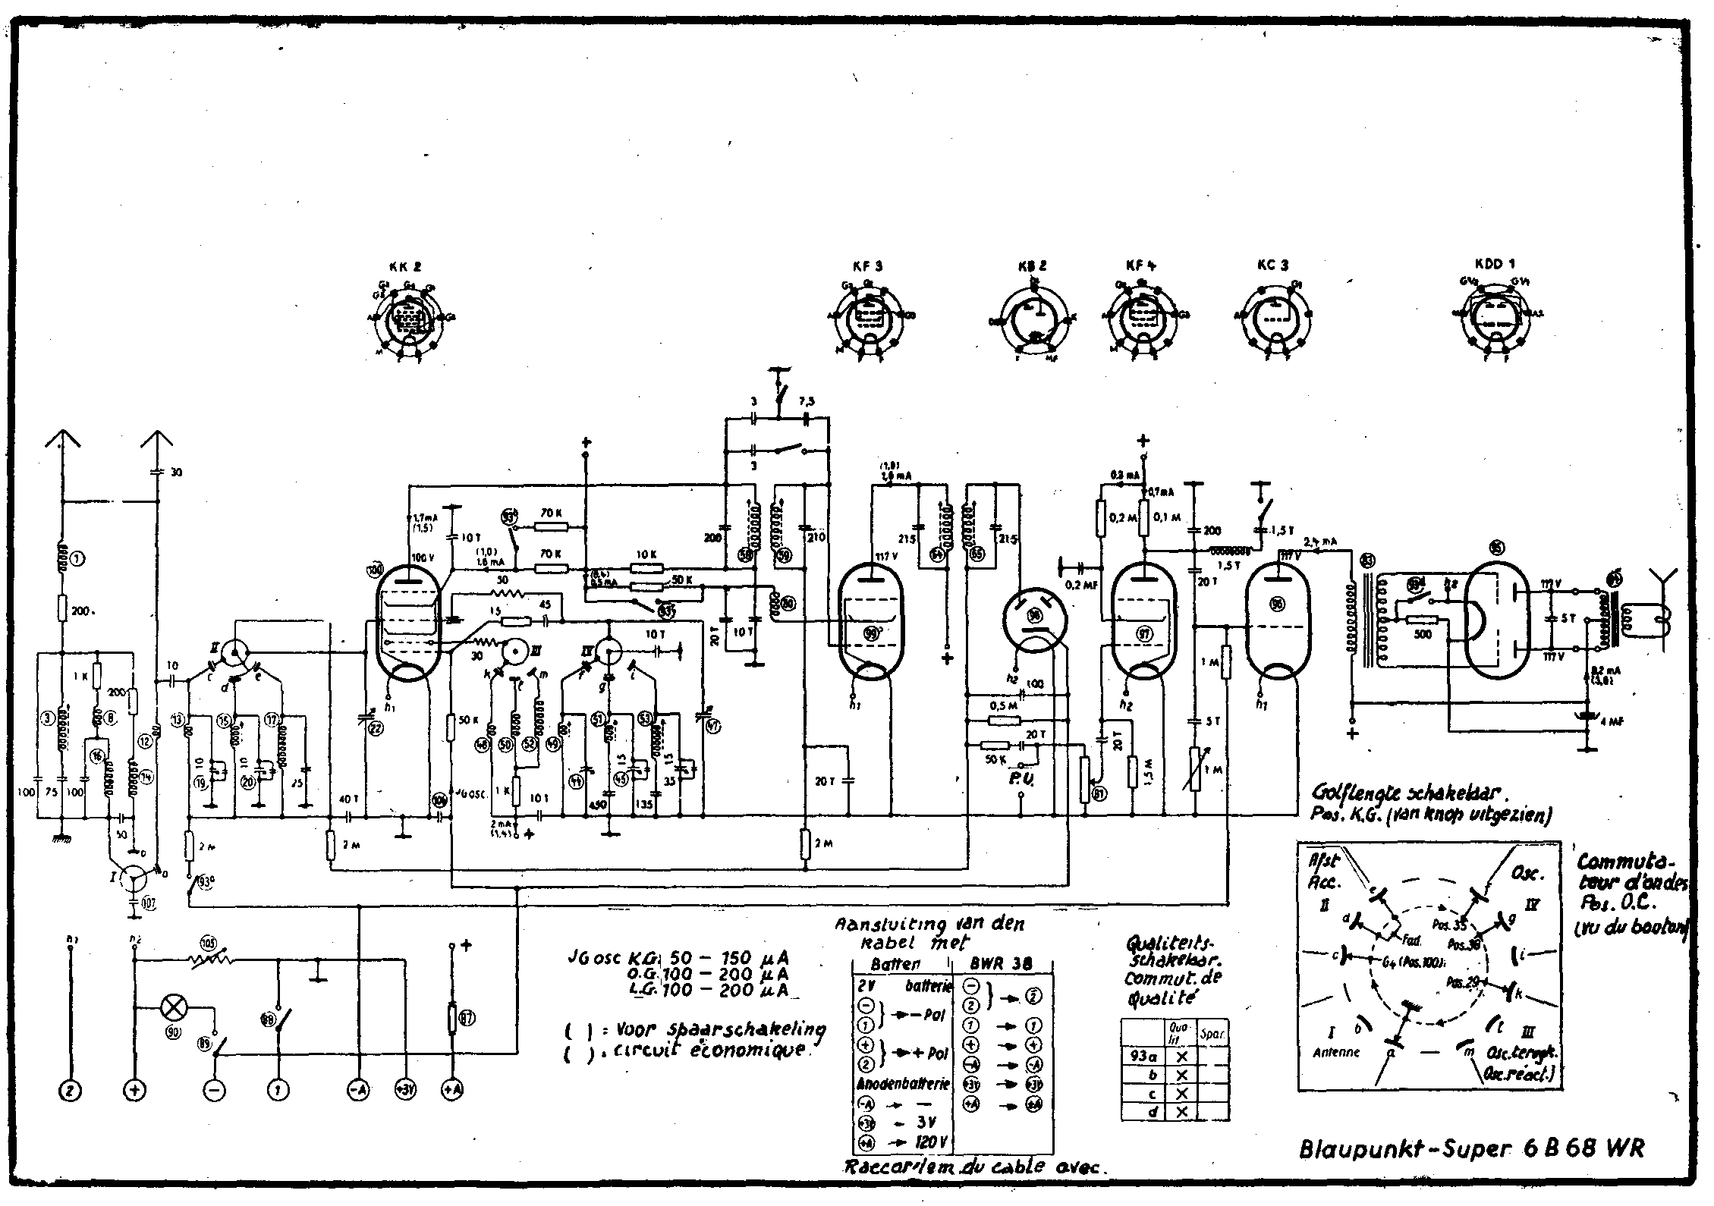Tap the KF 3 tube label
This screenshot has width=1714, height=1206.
click(x=866, y=266)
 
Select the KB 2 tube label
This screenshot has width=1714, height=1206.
click(x=1032, y=266)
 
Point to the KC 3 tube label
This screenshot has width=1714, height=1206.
click(x=1272, y=265)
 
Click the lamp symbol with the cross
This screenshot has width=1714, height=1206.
click(x=175, y=1008)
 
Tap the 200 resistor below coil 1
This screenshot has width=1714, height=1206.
click(x=62, y=608)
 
